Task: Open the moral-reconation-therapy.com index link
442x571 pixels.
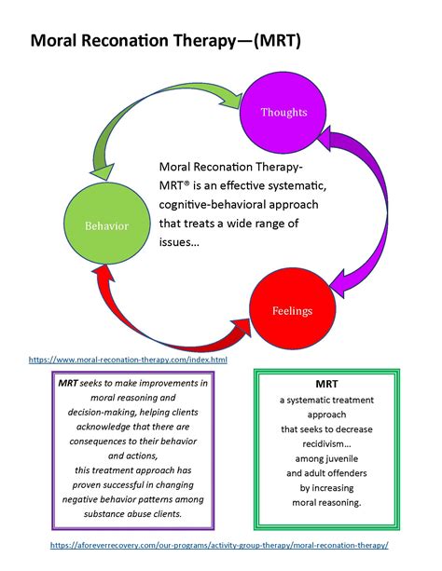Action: pos(127,359)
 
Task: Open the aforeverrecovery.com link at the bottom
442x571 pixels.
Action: pos(220,545)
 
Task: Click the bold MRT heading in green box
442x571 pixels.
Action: pos(327,383)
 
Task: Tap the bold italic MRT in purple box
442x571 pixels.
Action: pos(68,383)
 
